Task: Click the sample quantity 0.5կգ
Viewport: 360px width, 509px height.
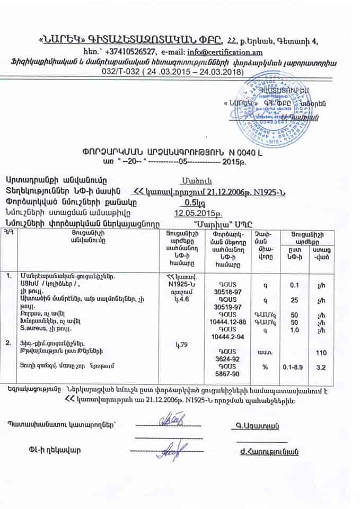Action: (x=192, y=202)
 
